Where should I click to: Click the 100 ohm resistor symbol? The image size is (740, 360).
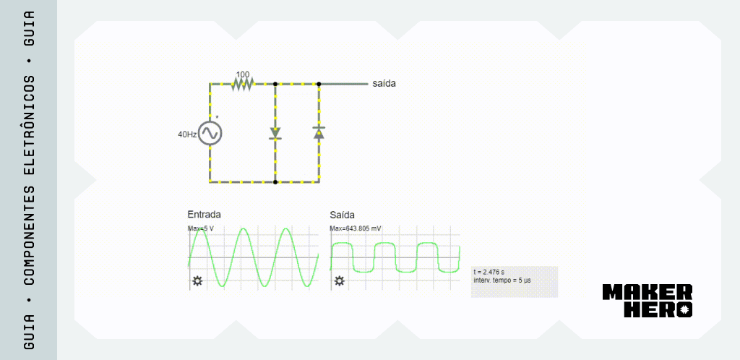243,84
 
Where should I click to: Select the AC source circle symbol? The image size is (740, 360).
210,133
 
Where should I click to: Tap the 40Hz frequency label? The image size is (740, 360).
187,134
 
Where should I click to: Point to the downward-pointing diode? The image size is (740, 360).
275,133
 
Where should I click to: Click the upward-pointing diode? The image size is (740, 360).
319,132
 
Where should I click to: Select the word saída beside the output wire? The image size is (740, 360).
384,84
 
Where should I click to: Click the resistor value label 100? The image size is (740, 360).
243,74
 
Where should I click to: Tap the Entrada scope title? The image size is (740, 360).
204,214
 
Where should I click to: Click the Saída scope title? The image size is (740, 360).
342,215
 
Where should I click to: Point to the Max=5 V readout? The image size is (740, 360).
201,229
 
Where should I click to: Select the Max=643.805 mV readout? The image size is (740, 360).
356,229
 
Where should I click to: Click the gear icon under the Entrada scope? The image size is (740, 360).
197,281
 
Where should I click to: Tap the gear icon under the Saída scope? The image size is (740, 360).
340,281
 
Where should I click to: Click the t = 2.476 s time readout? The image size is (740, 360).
489,273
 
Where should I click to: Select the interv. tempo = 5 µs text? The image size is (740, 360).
502,280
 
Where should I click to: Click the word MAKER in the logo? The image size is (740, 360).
647,292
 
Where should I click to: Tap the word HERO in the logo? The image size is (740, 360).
658,309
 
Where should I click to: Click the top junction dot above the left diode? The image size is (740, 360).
275,84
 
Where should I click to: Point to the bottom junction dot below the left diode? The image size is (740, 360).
275,181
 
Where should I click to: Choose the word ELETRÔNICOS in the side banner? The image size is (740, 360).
29,124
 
